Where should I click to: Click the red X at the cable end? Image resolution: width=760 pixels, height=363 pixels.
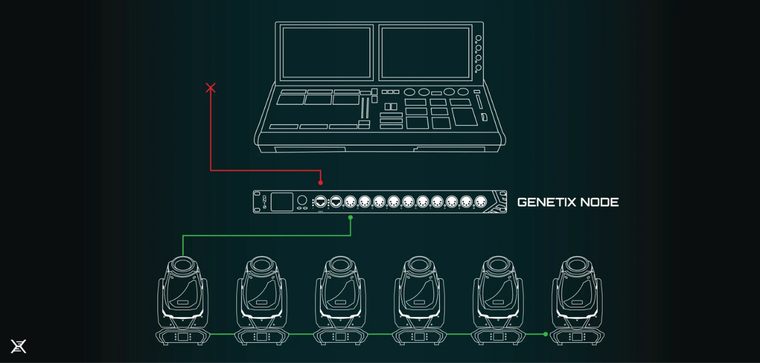click(210, 88)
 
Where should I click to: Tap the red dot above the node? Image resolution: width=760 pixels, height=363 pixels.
click(321, 182)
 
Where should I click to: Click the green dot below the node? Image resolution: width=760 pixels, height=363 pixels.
click(350, 218)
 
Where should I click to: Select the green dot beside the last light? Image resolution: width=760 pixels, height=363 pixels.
click(545, 334)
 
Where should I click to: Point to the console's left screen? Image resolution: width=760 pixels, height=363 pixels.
click(325, 52)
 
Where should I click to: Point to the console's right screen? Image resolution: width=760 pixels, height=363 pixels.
click(424, 52)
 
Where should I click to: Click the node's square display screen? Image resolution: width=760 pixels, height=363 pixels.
click(282, 202)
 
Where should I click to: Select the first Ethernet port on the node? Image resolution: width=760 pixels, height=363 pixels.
click(320, 201)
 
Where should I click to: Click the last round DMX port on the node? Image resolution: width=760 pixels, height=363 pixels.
click(480, 202)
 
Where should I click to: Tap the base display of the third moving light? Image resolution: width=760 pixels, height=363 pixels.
click(340, 337)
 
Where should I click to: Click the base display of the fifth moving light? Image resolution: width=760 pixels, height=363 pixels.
click(498, 337)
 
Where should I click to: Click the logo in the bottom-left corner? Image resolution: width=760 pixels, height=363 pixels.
click(18, 346)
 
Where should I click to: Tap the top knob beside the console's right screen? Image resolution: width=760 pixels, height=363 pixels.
click(478, 38)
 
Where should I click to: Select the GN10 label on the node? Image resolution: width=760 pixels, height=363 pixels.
click(265, 201)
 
